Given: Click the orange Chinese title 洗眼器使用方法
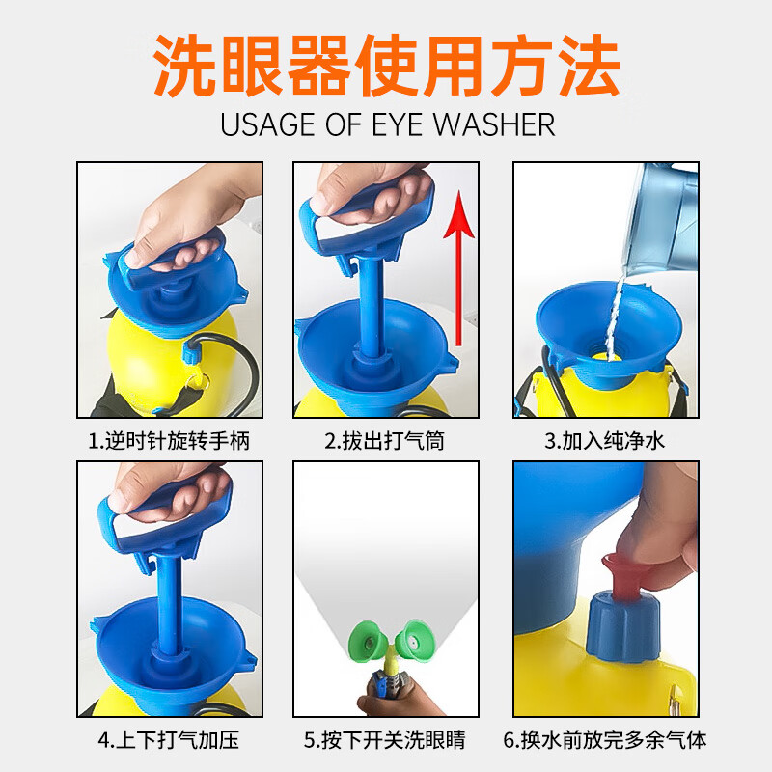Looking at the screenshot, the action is (x=387, y=66).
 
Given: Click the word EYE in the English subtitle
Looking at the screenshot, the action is (x=398, y=124).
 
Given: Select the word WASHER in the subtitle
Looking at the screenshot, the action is (x=494, y=124).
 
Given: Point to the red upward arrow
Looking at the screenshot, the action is (x=459, y=268).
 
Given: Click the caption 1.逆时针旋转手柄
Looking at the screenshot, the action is (x=169, y=441).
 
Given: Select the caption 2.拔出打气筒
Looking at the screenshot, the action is (x=384, y=441).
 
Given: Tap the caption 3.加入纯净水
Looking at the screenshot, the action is (x=605, y=441).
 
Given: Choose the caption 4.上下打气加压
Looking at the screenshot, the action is (x=169, y=740).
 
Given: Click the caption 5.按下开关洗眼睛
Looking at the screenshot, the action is (x=384, y=740).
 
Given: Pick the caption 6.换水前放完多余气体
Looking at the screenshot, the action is (x=605, y=740).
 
